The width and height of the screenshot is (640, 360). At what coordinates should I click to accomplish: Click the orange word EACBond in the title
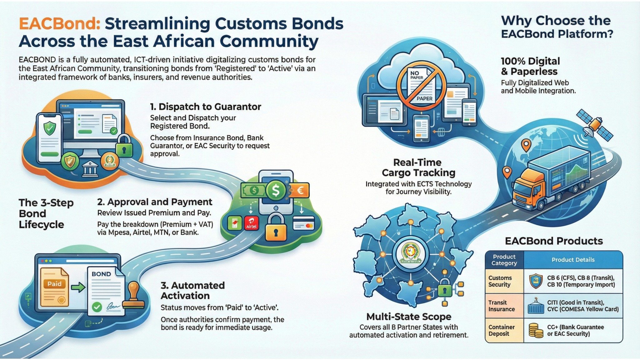click(59, 24)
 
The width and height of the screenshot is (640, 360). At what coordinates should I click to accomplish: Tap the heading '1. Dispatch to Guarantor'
click(205, 107)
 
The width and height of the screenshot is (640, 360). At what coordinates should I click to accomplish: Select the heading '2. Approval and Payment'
click(155, 202)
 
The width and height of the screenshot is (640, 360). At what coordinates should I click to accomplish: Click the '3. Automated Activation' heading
click(192, 290)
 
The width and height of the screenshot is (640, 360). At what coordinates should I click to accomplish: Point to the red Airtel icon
click(251, 223)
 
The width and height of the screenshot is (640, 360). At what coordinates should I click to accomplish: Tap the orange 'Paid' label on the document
click(54, 284)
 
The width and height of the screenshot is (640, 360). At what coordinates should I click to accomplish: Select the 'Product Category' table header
click(504, 260)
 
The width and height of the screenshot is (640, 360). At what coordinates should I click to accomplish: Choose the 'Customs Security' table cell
click(500, 281)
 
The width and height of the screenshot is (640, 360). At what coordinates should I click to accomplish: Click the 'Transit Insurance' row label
click(502, 306)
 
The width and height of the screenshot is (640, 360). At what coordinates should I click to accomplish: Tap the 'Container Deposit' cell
click(501, 330)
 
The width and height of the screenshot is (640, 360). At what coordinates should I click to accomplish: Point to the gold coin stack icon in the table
click(536, 331)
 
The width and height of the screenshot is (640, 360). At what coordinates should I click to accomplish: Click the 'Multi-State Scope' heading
click(409, 317)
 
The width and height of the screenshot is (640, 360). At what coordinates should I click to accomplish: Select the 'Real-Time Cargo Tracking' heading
click(418, 167)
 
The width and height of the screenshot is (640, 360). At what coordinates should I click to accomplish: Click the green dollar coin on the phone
click(276, 190)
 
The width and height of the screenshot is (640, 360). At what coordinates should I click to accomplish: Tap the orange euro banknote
click(299, 190)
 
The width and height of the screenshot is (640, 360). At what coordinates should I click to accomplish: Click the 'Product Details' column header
click(573, 260)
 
